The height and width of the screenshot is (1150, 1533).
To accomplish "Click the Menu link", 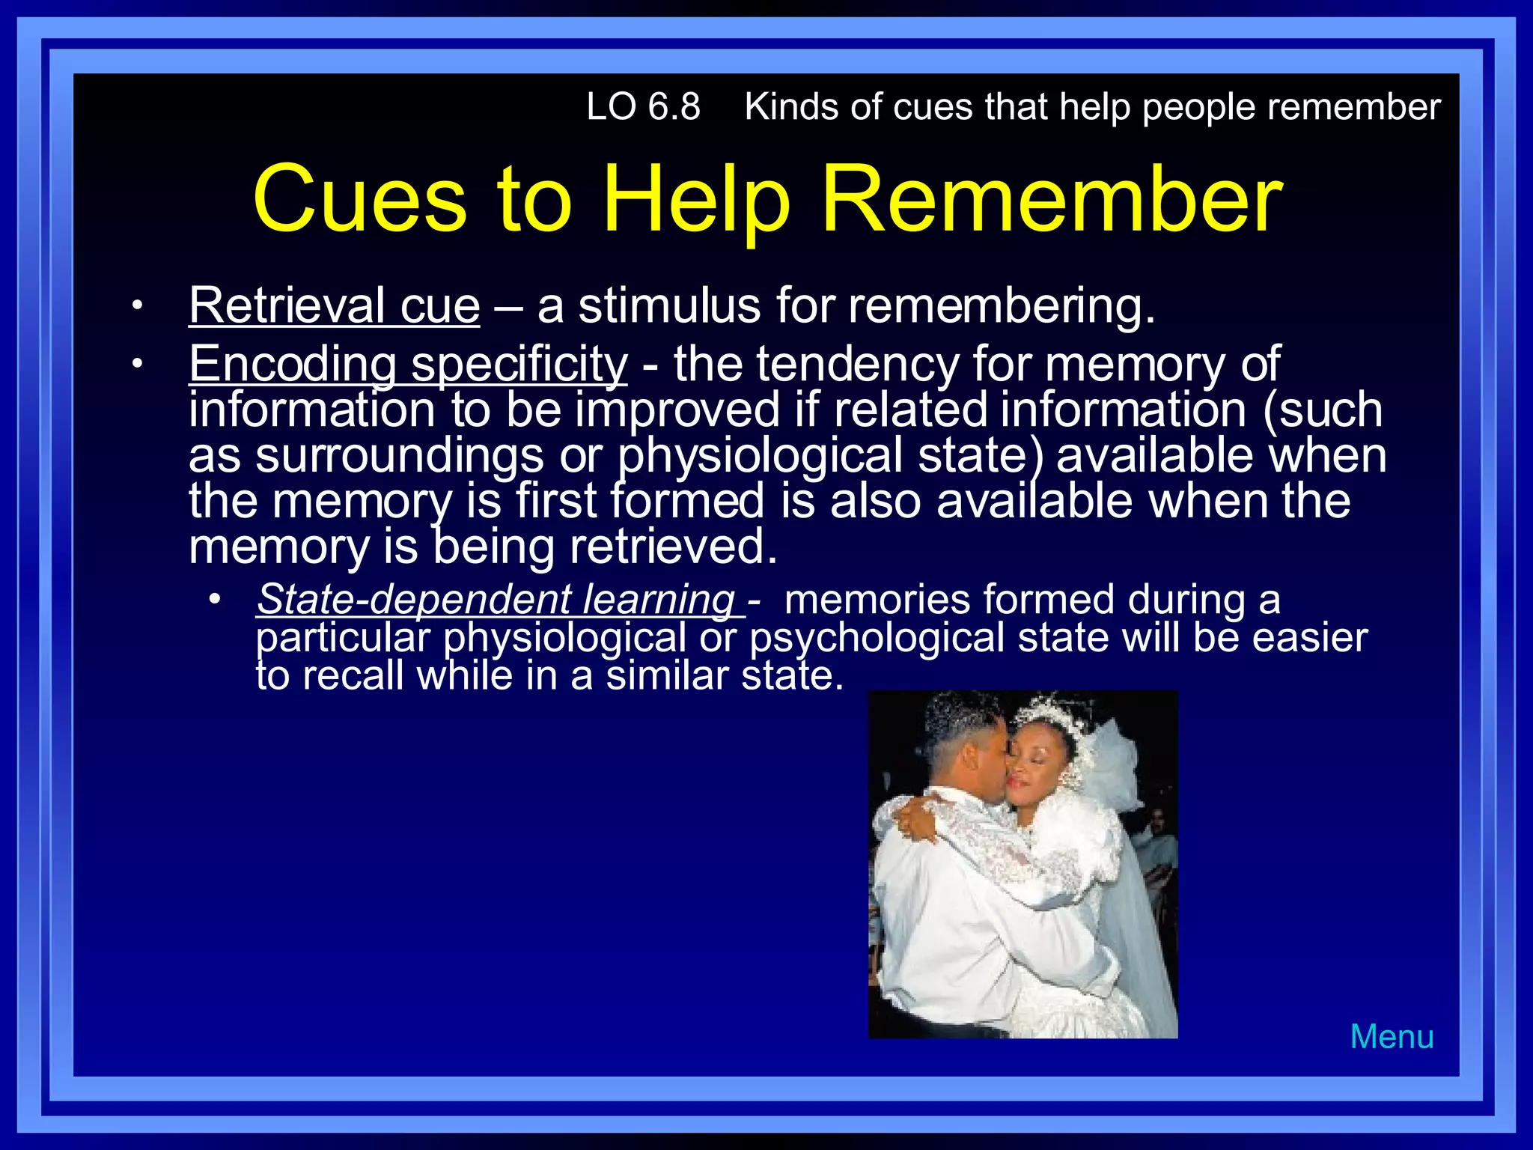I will (1392, 1037).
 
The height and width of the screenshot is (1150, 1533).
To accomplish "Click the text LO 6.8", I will (643, 107).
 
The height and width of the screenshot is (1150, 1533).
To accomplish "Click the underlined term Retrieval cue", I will (334, 306).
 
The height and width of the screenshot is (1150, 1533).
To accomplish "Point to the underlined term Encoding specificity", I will (408, 365).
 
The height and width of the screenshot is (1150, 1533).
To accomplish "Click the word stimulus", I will (669, 306).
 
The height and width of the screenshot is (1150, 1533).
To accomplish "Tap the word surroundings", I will (399, 456).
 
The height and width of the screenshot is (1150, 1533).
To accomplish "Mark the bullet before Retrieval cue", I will (136, 306).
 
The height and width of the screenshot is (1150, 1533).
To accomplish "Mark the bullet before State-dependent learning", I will (216, 600).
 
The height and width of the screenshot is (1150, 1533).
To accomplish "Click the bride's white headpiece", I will (1052, 715).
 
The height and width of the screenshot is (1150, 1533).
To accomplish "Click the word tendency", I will (856, 365).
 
